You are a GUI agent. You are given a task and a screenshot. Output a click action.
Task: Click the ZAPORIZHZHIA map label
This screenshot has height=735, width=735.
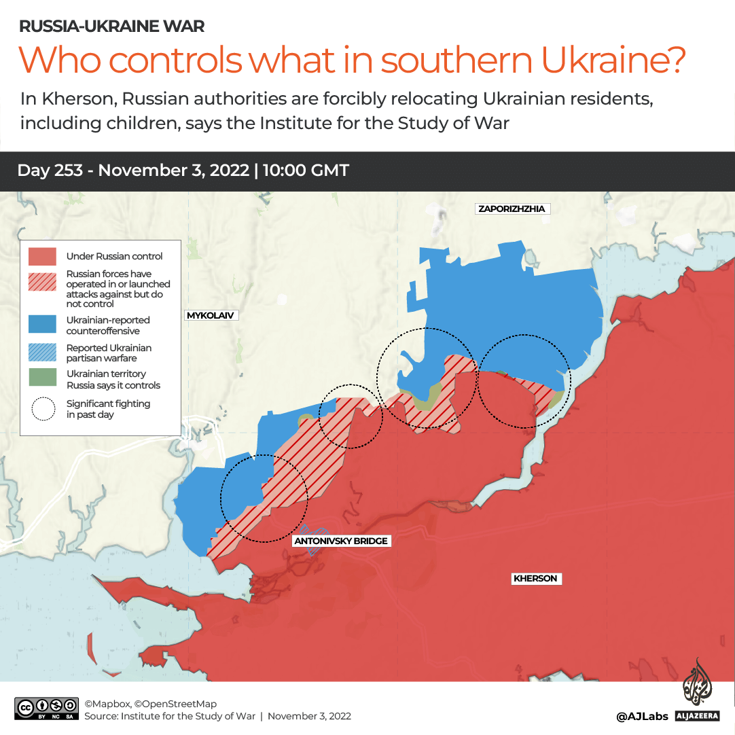[x=512, y=209]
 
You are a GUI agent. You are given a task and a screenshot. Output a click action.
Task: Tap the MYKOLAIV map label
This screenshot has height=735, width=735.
[x=212, y=316]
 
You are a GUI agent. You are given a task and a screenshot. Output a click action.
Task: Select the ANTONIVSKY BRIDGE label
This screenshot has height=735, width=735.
[x=341, y=541]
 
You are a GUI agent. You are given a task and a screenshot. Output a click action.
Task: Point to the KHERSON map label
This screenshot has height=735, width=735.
[x=535, y=579]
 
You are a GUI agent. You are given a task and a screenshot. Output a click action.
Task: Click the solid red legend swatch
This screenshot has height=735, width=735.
[x=42, y=256]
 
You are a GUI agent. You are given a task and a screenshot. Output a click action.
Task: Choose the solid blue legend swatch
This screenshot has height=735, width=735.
[x=42, y=324]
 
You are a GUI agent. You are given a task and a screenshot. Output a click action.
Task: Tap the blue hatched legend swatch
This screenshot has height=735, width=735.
[x=42, y=352]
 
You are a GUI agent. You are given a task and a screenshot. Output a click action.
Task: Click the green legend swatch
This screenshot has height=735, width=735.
[x=42, y=378]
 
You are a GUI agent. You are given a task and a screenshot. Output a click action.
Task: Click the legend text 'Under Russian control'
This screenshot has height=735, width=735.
[x=114, y=256]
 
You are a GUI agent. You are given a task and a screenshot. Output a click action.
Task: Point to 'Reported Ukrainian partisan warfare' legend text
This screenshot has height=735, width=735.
[x=109, y=353]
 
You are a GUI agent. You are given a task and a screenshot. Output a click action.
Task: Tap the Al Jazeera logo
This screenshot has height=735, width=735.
[x=698, y=689]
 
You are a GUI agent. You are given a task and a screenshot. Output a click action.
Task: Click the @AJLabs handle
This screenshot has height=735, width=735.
[x=642, y=716]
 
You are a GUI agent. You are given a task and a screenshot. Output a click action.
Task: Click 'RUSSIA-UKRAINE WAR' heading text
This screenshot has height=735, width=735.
[x=112, y=26]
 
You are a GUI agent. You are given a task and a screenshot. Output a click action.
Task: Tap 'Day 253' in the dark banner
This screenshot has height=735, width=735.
[x=50, y=170]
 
